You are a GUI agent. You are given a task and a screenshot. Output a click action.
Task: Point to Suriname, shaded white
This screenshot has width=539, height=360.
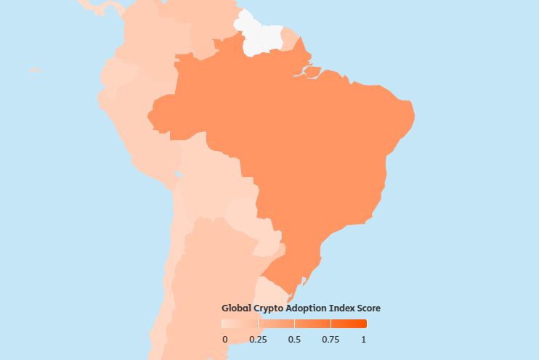click(271, 38)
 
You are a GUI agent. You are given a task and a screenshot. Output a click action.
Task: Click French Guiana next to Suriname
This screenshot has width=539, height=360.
click(288, 38)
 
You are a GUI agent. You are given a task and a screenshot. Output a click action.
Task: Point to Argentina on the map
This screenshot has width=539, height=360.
click(211, 290)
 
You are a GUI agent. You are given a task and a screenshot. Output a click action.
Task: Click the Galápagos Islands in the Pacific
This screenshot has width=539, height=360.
click(33, 70)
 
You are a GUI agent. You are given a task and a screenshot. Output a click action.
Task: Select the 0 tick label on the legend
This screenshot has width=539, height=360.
click(224, 340)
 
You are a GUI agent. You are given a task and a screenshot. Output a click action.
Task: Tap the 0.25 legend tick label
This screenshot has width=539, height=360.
click(258, 340)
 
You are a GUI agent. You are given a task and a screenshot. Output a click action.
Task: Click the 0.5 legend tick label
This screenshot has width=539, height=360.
click(294, 340)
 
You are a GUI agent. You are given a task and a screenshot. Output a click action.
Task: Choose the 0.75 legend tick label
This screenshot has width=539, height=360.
click(331, 340)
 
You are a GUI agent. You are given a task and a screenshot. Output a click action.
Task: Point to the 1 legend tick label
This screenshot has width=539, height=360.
click(364, 340)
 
